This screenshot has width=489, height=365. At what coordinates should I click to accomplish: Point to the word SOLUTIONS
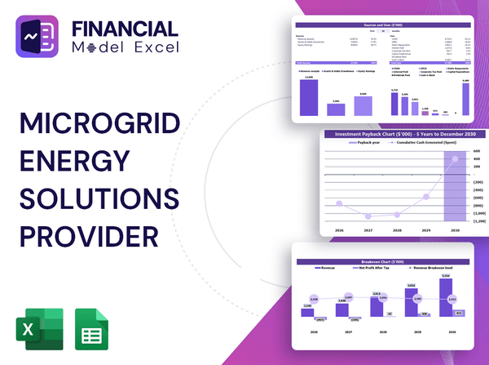point(99,198)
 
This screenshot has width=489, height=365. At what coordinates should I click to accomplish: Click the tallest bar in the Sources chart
point(309,96)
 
